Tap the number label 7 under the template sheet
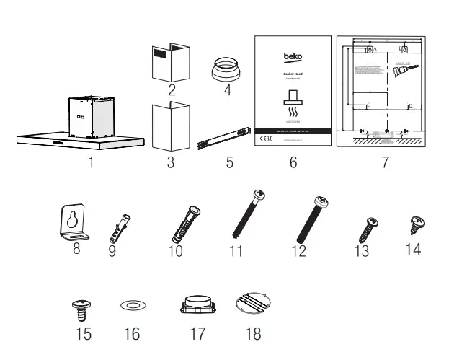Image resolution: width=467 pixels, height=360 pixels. tap(385, 163)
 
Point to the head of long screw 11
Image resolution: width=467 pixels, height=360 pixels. tap(257, 196)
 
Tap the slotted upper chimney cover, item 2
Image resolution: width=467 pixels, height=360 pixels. tap(171, 63)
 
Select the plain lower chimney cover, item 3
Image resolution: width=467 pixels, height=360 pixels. tap(170, 126)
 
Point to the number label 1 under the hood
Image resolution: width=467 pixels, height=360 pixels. tap(91, 162)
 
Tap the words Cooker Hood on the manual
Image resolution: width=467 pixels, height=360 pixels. tap(293, 74)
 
